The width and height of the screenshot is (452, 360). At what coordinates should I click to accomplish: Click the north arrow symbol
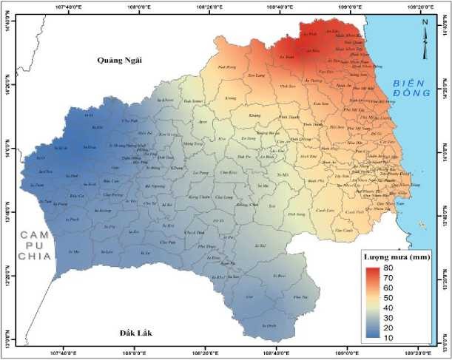click(x=425, y=38)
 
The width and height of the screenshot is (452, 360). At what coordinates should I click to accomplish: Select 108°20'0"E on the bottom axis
click(x=209, y=353)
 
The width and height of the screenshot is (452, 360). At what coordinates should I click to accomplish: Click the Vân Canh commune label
click(x=323, y=230)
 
